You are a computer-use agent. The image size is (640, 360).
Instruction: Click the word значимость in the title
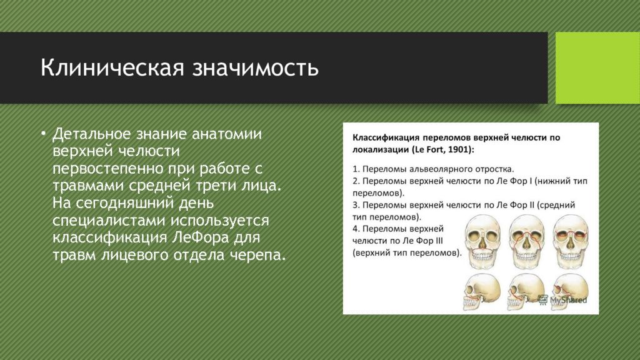click(256, 67)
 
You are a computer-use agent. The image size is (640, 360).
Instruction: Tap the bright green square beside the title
click(597, 67)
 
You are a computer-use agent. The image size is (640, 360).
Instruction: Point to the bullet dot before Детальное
click(43, 134)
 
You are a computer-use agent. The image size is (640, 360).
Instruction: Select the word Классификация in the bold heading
click(385, 137)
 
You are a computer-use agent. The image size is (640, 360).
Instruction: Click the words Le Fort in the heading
click(429, 149)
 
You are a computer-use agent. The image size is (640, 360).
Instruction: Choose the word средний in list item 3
click(559, 205)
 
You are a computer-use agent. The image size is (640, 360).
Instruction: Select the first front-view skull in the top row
click(483, 242)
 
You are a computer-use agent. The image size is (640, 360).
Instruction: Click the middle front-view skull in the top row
click(526, 242)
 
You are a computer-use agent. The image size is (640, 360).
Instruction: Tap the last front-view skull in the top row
click(571, 242)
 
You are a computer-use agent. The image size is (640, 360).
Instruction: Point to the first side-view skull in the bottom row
click(482, 291)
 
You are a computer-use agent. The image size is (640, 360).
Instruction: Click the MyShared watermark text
click(568, 301)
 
